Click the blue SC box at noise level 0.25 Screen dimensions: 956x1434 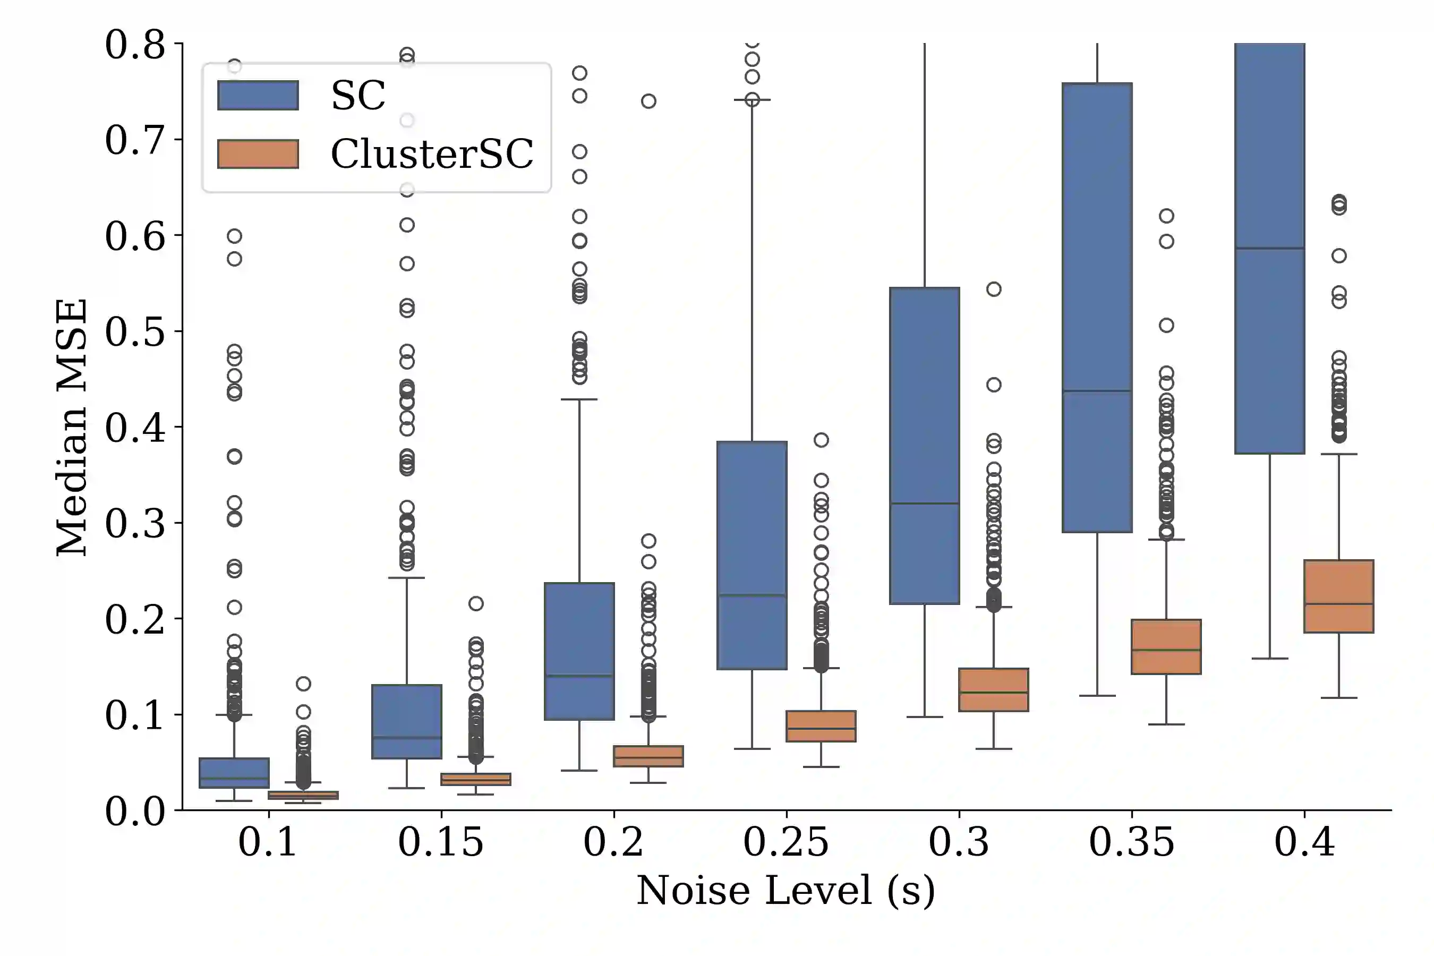[752, 555]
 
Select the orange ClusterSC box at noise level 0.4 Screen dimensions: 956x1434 [1339, 596]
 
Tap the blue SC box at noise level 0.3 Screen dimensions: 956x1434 [924, 445]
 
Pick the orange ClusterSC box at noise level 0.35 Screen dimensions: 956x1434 [1166, 647]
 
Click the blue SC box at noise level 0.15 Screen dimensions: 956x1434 [407, 721]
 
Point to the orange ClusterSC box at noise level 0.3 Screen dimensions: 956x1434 [994, 689]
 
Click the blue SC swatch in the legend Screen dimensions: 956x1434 [258, 95]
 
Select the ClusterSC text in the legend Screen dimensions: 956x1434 [432, 153]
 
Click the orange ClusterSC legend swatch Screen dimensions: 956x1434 [258, 153]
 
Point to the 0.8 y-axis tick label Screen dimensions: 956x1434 [135, 45]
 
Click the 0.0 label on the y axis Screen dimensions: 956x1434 [135, 812]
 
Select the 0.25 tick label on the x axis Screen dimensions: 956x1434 [786, 842]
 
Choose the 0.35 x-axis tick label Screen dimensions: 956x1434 [1132, 842]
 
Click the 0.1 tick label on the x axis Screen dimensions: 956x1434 [268, 842]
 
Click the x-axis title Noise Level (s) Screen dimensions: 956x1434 [786, 891]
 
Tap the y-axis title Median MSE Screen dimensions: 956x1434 [71, 427]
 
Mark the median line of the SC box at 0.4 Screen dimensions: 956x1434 [1269, 248]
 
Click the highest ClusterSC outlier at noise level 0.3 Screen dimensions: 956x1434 [994, 289]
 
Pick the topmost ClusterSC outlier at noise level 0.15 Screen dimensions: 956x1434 [476, 603]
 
